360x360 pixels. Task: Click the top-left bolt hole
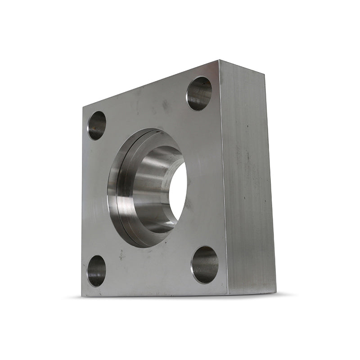coord(97,125)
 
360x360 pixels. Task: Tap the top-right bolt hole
coord(199,93)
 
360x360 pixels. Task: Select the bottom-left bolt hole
coord(96,270)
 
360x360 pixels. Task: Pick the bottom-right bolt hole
coord(205,265)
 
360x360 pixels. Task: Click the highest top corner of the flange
coord(219,60)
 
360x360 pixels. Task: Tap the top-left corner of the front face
coord(83,106)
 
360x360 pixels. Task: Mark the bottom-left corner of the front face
coord(82,296)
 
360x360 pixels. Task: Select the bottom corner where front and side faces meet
coord(228,295)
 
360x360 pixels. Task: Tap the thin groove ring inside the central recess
coord(120,189)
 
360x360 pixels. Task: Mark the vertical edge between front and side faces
coord(224,180)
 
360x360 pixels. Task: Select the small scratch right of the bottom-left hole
coord(121,255)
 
